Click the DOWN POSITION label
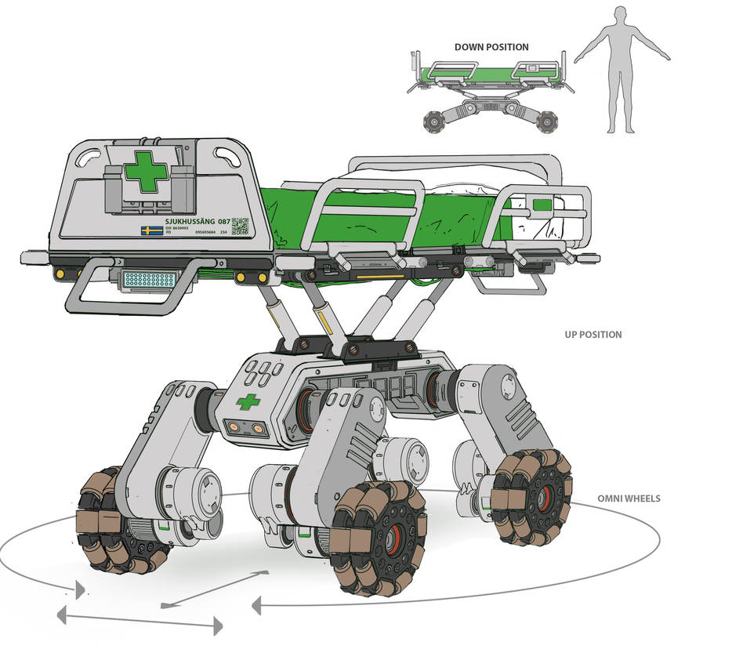coord(491,47)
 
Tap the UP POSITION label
coord(593,335)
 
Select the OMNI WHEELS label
coord(629,499)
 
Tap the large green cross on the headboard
coord(146,172)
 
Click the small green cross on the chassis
coord(248,402)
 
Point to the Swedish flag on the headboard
coord(151,230)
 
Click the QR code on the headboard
coord(241,226)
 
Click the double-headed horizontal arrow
coord(140,622)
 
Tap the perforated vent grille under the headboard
coord(148,279)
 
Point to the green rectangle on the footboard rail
coord(542,205)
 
